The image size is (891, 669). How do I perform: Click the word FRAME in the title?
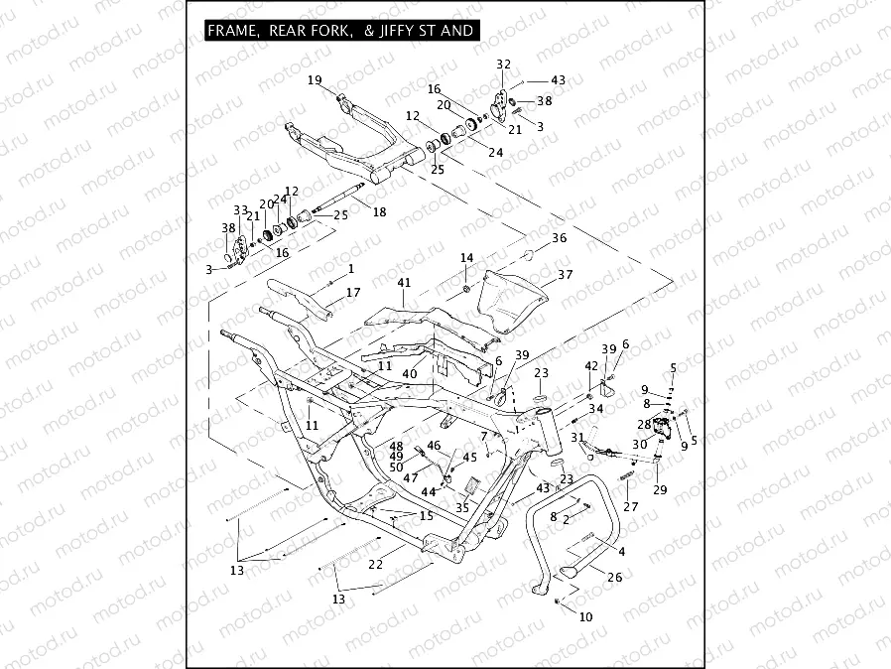click(x=230, y=31)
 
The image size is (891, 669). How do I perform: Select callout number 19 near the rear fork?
click(x=315, y=79)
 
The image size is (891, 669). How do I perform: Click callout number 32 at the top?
click(x=503, y=65)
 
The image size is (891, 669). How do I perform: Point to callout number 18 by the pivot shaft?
click(x=378, y=212)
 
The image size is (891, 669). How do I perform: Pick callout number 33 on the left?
click(x=240, y=210)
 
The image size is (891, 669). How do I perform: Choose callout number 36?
click(x=560, y=238)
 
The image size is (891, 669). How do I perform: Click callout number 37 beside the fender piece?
click(x=565, y=274)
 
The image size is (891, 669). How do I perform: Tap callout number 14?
click(x=466, y=258)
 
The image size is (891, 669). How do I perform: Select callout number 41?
click(x=403, y=283)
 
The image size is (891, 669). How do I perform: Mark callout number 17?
click(x=353, y=293)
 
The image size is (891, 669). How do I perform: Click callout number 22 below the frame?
click(x=375, y=564)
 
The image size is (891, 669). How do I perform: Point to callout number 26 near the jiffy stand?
click(x=614, y=577)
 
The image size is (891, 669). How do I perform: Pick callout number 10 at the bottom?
click(x=585, y=616)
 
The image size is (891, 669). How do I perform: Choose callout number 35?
click(x=462, y=506)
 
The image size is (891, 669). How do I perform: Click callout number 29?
click(x=660, y=490)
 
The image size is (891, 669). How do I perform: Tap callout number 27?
click(x=631, y=506)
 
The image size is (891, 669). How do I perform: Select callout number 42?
click(x=591, y=365)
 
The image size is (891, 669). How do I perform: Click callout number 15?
click(x=426, y=515)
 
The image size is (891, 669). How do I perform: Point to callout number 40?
click(x=409, y=373)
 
